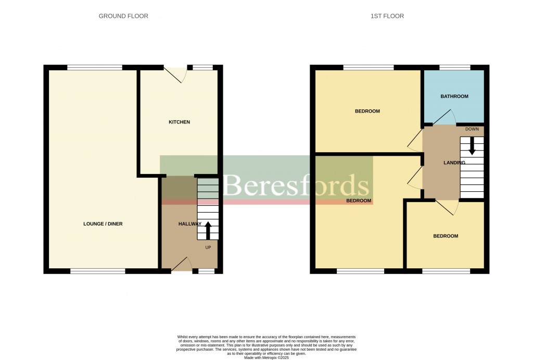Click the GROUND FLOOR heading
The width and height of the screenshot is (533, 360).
[x=123, y=16]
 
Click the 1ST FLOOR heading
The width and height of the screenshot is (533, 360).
[x=387, y=16]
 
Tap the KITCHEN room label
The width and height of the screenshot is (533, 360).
[x=179, y=122]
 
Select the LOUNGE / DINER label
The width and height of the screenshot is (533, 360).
[x=103, y=224]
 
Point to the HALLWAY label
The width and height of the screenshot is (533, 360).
[x=189, y=224]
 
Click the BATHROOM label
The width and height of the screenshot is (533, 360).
[x=454, y=96]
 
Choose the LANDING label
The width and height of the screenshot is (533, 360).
[x=454, y=163]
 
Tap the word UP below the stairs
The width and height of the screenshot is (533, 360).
[x=208, y=247]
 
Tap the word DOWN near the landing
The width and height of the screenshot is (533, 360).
[x=472, y=129]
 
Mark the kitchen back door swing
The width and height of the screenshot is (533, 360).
[x=177, y=75]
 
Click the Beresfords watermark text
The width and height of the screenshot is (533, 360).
[x=296, y=185]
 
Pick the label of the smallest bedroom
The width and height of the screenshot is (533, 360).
[x=446, y=236]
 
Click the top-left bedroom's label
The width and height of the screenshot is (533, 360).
[x=367, y=111]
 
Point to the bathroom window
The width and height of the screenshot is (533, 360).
[x=455, y=67]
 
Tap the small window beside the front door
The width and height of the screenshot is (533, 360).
[x=206, y=271]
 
